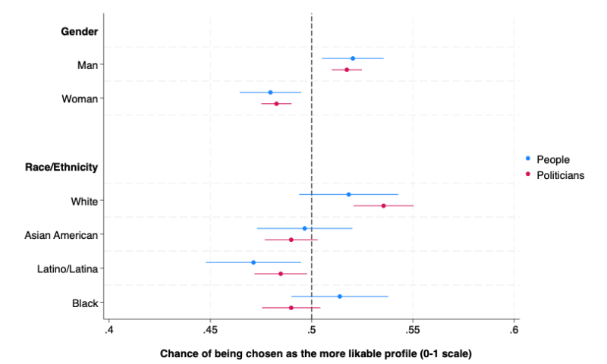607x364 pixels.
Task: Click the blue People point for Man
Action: pos(353,58)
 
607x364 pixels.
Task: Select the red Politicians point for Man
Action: pos(347,70)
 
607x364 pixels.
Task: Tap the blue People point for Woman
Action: pos(270,93)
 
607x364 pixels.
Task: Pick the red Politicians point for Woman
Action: pos(276,104)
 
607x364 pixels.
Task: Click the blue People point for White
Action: pos(348,194)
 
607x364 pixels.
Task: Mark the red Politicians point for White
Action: pos(383,206)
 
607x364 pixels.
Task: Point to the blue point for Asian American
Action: pos(304,228)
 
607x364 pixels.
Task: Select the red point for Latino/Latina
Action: pos(281,274)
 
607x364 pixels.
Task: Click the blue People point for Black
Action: pos(339,297)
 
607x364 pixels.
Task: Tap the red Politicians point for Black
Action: pos(291,308)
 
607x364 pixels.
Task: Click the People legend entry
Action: pos(552,159)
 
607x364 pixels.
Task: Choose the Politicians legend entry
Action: pos(560,174)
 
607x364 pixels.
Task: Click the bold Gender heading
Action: pos(79,31)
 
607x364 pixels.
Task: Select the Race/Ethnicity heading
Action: pos(68,167)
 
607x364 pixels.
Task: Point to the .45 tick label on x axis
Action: pos(210,330)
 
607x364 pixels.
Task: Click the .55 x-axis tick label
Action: pos(413,330)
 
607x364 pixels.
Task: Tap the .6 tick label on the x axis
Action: pos(514,330)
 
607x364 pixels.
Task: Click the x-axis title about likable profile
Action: pos(316,353)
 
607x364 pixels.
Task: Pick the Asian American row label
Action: pos(61,235)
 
